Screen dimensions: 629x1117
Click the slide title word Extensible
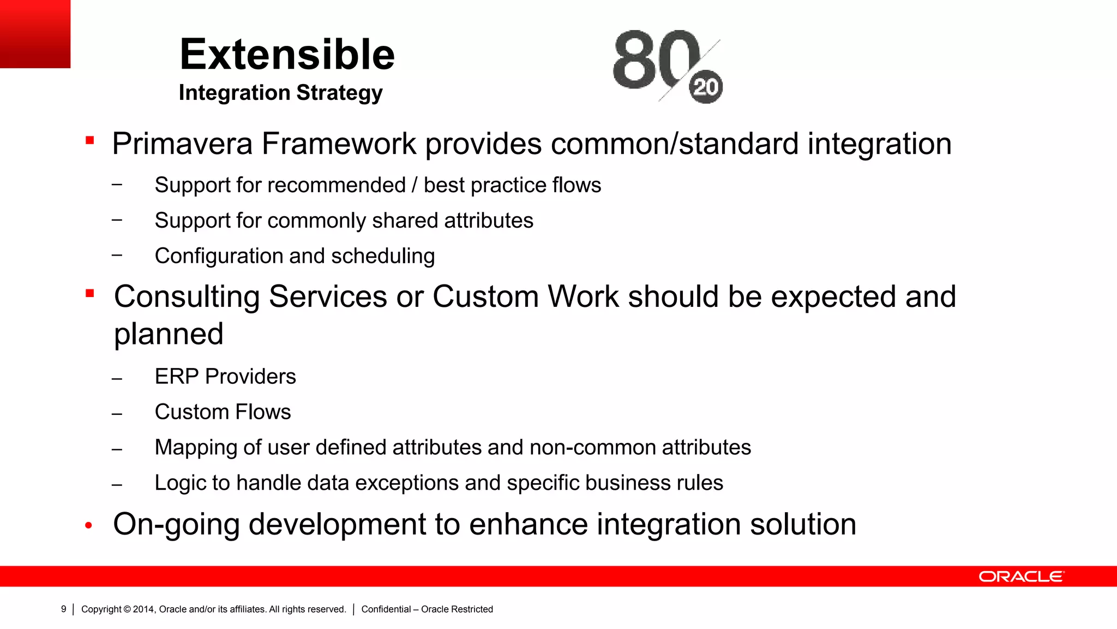[x=287, y=55]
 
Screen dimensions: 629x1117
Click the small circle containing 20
[x=706, y=87]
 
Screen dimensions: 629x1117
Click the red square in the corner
[x=35, y=33]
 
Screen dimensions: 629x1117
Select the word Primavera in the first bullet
[x=182, y=144]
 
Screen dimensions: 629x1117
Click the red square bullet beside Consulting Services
[x=90, y=294]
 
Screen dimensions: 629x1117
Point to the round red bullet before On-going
[x=89, y=526]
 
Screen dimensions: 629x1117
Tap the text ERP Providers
[x=225, y=377]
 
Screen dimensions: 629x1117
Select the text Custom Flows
[x=223, y=412]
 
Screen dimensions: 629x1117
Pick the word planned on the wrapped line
[x=169, y=334]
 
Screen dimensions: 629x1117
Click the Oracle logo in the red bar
[x=1020, y=577]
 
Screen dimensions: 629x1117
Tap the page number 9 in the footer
[x=64, y=609]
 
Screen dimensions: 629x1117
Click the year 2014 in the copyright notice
[x=143, y=609]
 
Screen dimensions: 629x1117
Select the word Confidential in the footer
[x=386, y=609]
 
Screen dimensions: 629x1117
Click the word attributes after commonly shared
[x=489, y=221]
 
